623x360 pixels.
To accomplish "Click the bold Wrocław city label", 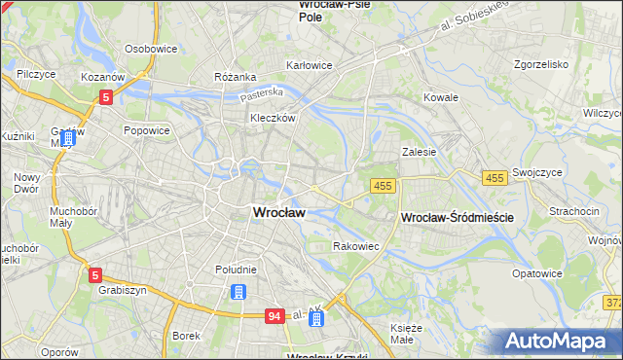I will click(278, 212).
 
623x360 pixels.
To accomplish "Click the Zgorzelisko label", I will click(540, 64).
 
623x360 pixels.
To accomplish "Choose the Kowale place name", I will click(440, 97).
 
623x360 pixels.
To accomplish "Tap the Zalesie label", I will click(419, 152).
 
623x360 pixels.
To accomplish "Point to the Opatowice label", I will click(537, 273).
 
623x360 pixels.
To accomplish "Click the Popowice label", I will click(147, 129).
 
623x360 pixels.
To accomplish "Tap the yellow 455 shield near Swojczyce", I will click(495, 177).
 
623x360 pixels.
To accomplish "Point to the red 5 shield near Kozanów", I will click(106, 96).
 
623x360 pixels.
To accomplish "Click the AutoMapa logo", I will click(561, 341).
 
